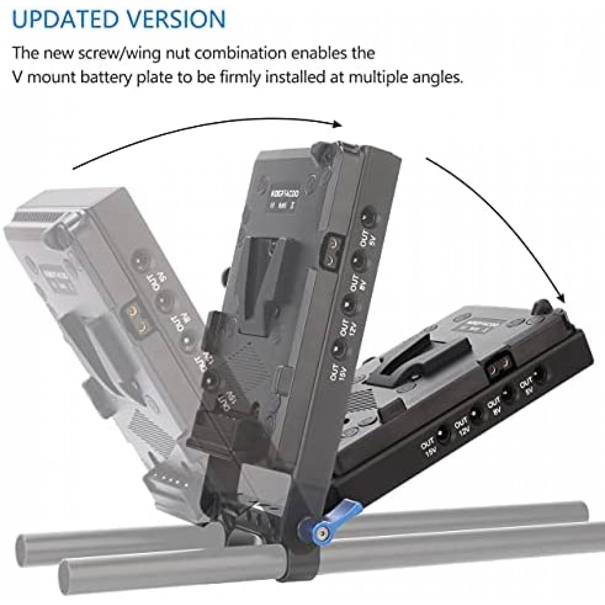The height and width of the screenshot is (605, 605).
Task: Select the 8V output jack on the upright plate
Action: (357, 261)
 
